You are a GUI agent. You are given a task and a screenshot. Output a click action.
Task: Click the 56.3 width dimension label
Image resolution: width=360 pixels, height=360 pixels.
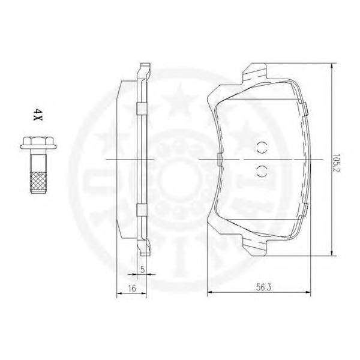[263, 287]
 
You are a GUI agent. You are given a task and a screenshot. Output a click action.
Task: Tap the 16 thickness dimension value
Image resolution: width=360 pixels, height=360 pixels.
[132, 289]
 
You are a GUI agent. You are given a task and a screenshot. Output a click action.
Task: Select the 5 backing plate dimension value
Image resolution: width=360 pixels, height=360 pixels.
[142, 269]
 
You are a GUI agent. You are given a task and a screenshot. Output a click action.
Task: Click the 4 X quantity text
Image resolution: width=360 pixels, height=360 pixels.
[37, 115]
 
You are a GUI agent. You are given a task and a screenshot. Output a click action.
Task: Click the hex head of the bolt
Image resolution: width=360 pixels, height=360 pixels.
[38, 140]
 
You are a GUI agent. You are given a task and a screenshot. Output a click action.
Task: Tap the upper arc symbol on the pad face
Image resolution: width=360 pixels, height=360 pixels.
[262, 148]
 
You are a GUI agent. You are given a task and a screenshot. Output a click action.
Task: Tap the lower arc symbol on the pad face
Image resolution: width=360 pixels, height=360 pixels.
[262, 171]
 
